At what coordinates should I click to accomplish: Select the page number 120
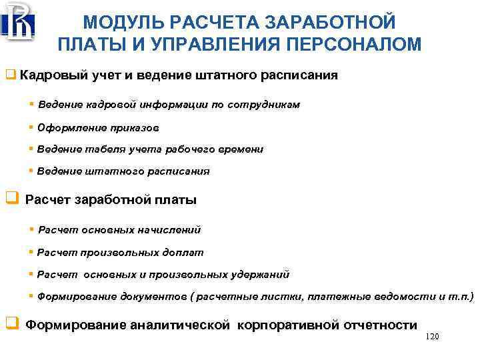432,337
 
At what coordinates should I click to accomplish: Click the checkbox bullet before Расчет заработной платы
11,199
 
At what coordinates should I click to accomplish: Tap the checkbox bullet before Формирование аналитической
11,325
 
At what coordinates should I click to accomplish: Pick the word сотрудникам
263,105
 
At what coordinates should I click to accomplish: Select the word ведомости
397,296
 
